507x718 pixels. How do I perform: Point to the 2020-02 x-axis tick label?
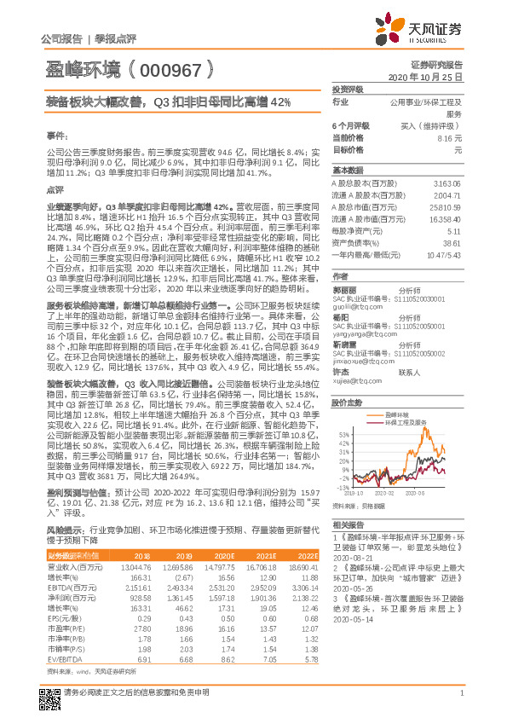385,493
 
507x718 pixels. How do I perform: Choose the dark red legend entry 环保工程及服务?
406,421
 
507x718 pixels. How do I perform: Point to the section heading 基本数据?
348,169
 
